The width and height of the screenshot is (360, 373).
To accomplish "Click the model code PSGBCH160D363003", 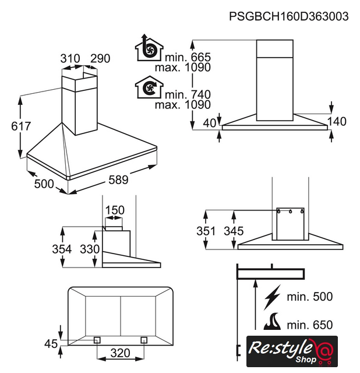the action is (x=289, y=16).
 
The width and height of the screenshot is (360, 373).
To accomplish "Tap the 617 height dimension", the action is (x=21, y=126).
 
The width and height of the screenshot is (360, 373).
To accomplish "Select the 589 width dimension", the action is (x=118, y=180).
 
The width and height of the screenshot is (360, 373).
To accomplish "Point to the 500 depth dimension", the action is (x=44, y=184).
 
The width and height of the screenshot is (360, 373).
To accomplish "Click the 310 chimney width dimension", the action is (x=70, y=58).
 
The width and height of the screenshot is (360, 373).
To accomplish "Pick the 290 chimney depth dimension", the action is (x=100, y=58).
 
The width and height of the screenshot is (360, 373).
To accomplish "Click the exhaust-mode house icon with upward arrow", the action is (x=149, y=48).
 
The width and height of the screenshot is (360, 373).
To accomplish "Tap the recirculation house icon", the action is (x=149, y=87).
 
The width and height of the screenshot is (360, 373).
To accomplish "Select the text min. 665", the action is (x=188, y=57).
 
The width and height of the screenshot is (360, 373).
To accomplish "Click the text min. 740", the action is (x=188, y=94).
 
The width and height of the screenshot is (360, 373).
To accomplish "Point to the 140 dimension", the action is (x=337, y=122).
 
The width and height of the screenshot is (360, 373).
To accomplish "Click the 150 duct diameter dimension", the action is (x=115, y=210).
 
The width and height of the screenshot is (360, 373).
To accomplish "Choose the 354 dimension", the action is (x=62, y=249).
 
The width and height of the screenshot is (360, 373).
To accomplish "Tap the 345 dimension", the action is (x=234, y=231).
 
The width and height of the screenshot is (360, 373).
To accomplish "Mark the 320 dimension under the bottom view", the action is (x=120, y=353).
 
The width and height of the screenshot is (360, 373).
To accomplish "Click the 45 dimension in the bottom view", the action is (x=51, y=344).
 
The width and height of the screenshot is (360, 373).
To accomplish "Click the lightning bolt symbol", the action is (x=273, y=297).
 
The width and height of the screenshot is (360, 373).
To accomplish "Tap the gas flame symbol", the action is (x=273, y=321).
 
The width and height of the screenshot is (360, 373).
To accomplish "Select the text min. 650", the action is (x=309, y=325).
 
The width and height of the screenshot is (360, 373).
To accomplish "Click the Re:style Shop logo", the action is (x=292, y=351).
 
